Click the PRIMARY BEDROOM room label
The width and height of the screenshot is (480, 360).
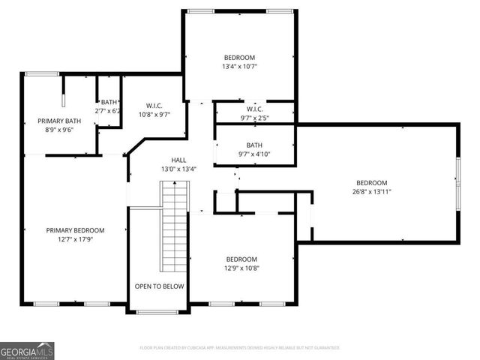(x=75, y=230)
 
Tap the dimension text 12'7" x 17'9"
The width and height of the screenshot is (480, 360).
(x=75, y=239)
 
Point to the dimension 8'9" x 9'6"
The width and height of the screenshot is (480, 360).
(x=59, y=130)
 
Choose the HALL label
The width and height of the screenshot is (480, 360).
(x=178, y=160)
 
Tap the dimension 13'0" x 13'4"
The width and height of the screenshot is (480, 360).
(x=178, y=169)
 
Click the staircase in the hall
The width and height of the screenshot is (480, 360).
(x=174, y=229)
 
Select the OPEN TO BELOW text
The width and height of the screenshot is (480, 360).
(x=159, y=286)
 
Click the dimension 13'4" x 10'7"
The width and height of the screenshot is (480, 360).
(x=239, y=67)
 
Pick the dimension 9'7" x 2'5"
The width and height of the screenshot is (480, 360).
(x=254, y=118)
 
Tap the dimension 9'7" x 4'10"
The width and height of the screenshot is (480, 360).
(x=254, y=154)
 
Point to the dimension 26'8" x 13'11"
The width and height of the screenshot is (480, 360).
(x=371, y=192)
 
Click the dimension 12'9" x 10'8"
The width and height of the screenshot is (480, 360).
(x=241, y=268)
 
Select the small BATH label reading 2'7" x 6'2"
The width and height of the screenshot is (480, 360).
(x=109, y=107)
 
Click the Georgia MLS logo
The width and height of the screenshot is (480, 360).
(x=27, y=350)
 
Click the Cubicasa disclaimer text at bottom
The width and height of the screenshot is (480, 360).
(x=240, y=348)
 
